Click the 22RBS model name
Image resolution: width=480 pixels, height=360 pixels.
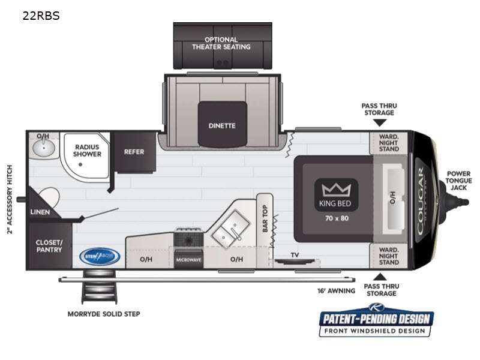click(x=41, y=16)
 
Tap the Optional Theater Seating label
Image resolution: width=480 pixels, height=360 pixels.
click(x=221, y=43)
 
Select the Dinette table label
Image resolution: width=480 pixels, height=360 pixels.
click(x=222, y=125)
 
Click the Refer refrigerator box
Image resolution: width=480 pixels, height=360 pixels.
click(x=134, y=152)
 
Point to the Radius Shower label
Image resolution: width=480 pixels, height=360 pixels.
click(x=88, y=150)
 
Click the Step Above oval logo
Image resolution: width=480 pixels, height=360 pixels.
click(x=100, y=256)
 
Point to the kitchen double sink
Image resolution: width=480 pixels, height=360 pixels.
click(x=230, y=228)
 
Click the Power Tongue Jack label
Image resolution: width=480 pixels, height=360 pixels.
click(x=459, y=181)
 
